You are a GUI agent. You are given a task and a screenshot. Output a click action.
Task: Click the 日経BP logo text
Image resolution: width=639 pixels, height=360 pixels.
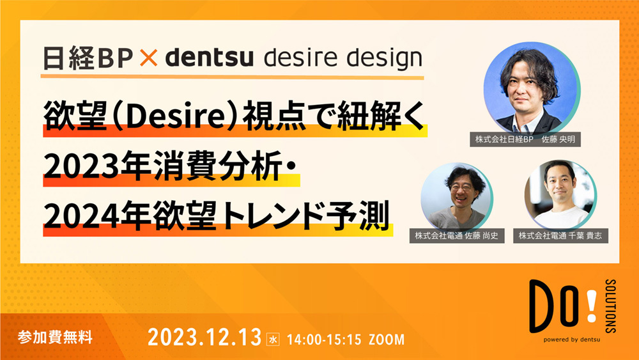[86, 58]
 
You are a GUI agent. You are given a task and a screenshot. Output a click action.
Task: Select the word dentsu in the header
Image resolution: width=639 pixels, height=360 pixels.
[210, 58]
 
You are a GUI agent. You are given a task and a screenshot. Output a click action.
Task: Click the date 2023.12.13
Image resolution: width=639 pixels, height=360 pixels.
[204, 338]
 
